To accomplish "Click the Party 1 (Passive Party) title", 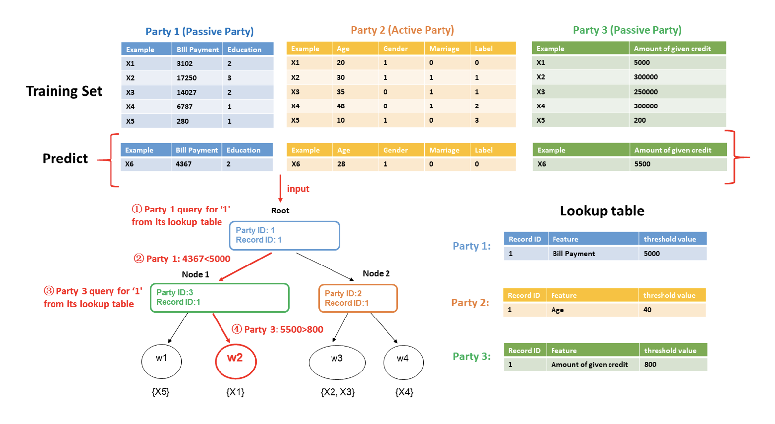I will coord(199,32).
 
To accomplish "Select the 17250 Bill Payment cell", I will coord(187,78).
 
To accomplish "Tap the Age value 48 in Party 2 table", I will coord(341,106).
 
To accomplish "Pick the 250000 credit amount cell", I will coord(646,92).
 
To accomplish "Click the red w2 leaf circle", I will coord(235,360).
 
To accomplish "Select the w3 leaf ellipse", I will coord(337,361).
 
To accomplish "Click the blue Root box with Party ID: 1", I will coord(284,235).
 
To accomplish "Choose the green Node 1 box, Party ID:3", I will coord(220,297).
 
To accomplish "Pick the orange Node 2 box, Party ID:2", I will coord(358,298).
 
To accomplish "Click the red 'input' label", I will coord(298,189).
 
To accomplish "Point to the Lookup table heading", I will coord(602,211).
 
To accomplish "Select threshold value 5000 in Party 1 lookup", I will coord(652,254).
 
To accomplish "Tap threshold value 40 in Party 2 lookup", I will coord(647,310).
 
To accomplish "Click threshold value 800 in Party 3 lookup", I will coord(650,364).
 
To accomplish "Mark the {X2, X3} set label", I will coord(337,392).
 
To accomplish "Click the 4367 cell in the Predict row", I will coord(184,164).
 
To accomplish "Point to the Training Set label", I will coord(64,91).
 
